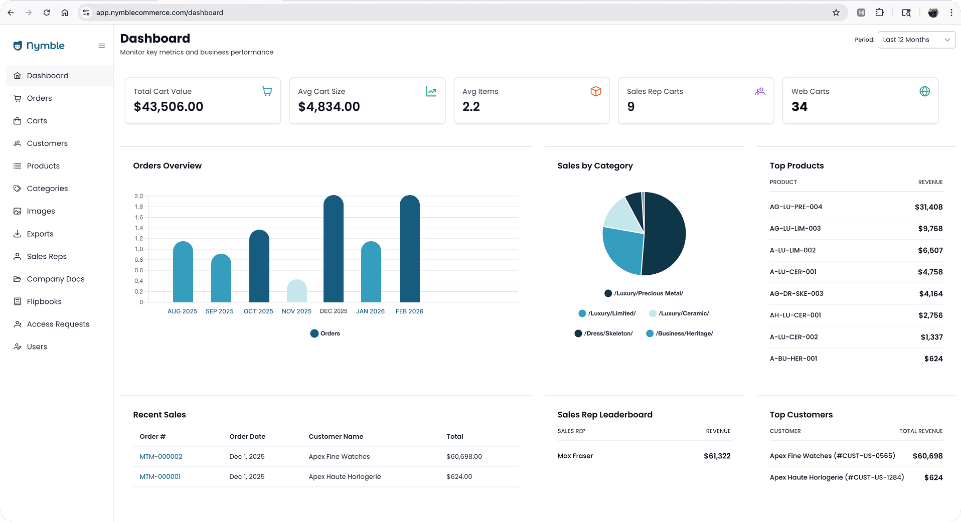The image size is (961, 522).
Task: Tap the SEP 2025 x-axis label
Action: coord(219,311)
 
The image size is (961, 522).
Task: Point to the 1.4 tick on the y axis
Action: coord(138,228)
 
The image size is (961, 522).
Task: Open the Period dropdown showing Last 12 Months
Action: coord(916,40)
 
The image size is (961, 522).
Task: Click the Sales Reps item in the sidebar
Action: coord(47,256)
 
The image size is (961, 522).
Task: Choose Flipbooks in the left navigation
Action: coord(44,301)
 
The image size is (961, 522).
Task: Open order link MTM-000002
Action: coord(161,457)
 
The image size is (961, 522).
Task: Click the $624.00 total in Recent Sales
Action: coord(459,477)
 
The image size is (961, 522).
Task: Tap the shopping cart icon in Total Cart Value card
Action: coord(267,91)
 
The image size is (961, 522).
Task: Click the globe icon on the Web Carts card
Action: coord(924,91)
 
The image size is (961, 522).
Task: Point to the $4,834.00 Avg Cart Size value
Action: coord(329,107)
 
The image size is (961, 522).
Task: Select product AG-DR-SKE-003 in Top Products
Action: coord(796,294)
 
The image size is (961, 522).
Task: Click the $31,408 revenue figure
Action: coord(928,207)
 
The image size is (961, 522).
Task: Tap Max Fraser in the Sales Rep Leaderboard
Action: coord(575,456)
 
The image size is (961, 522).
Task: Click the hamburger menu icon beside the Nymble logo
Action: coord(102,46)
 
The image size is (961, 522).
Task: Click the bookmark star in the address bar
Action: coord(836,13)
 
